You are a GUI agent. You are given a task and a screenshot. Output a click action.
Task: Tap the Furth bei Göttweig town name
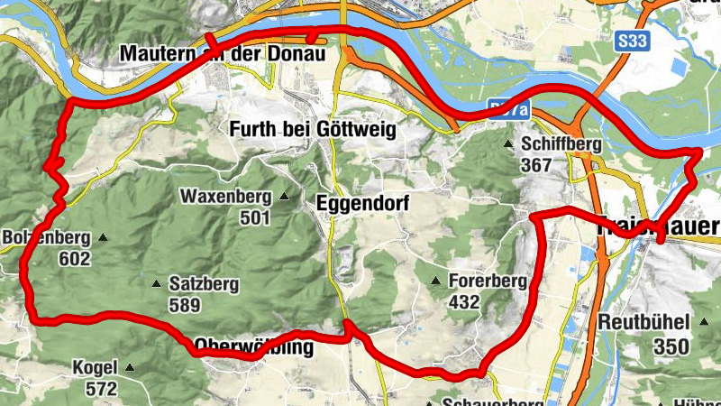[x=313, y=130]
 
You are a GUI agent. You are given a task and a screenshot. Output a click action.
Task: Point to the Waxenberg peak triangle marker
[x=285, y=196]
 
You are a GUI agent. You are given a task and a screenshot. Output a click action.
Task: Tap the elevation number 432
[x=463, y=304]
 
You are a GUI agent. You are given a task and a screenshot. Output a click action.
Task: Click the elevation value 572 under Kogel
[x=101, y=390]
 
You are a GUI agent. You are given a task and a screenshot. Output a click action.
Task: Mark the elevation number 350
[x=672, y=346]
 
